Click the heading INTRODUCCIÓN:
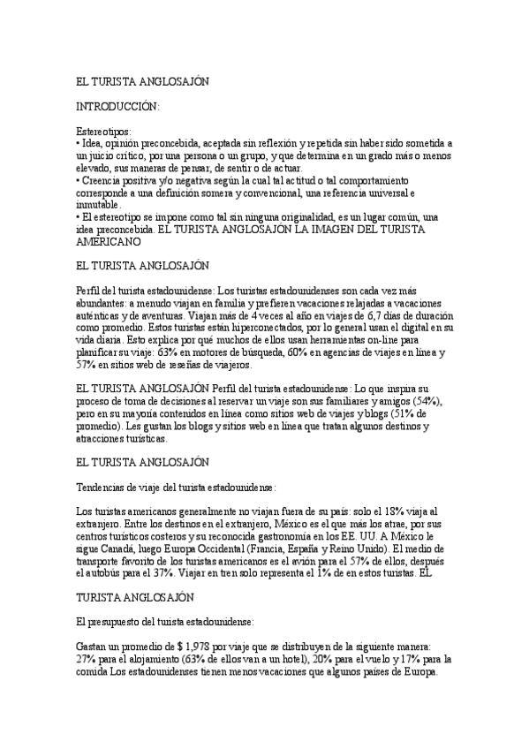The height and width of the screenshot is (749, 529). (x=117, y=107)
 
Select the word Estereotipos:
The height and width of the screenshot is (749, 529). (x=104, y=131)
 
